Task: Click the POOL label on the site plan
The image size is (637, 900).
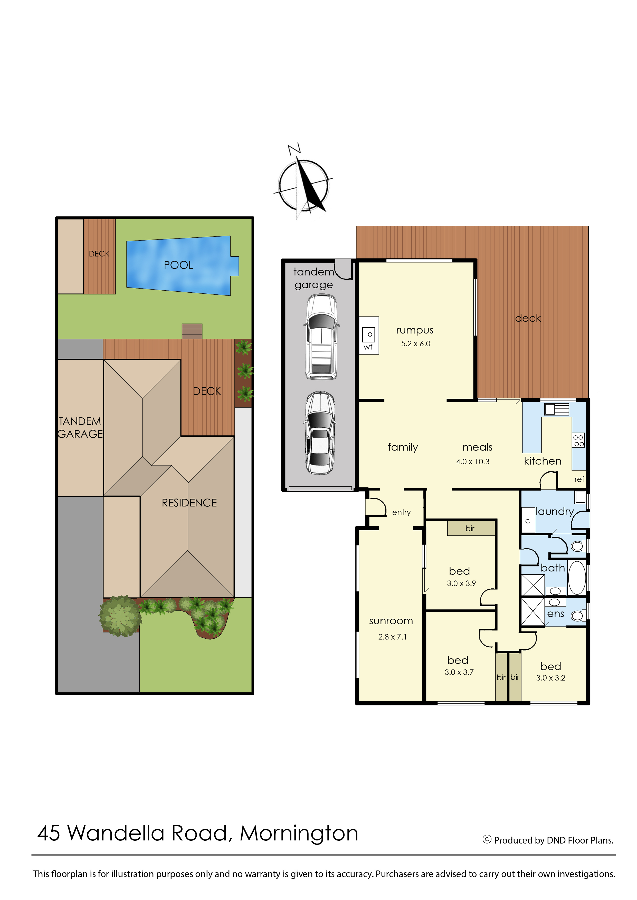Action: pyautogui.click(x=178, y=265)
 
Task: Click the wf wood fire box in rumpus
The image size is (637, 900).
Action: pyautogui.click(x=369, y=336)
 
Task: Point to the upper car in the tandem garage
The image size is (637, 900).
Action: pyautogui.click(x=321, y=337)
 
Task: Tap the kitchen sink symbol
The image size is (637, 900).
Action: pyautogui.click(x=556, y=409)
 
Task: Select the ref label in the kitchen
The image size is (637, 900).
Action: pyautogui.click(x=579, y=479)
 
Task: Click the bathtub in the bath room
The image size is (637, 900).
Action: pyautogui.click(x=577, y=577)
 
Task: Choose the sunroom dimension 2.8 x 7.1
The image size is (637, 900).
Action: pyautogui.click(x=392, y=637)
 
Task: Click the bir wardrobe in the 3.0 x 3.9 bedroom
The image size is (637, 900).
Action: pyautogui.click(x=471, y=528)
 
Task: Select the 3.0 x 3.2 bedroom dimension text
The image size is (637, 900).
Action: pyautogui.click(x=550, y=678)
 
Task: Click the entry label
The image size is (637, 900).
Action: pyautogui.click(x=401, y=513)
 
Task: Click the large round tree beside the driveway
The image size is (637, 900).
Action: pyautogui.click(x=120, y=616)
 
